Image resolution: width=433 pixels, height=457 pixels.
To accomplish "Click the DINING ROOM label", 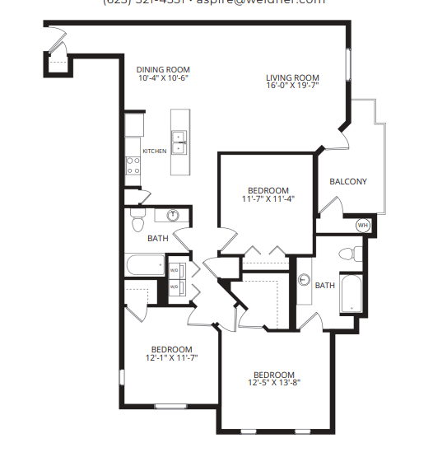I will coord(164,70).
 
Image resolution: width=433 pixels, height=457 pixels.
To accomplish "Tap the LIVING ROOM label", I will coord(292,77).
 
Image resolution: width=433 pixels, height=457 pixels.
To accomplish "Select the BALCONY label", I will coord(347,182).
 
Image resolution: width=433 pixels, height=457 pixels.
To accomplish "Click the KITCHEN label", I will coord(155,152).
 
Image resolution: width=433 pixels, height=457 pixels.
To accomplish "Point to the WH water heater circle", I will coord(361,225).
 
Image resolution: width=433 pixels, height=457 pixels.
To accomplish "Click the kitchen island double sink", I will coord(179,142).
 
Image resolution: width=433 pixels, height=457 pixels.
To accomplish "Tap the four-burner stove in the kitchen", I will coord(132,166).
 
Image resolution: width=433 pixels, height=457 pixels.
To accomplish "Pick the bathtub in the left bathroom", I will coord(147,266).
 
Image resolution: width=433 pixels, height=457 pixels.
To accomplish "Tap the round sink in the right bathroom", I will coord(303,281).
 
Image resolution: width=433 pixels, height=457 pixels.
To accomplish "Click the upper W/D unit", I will coord(175,269).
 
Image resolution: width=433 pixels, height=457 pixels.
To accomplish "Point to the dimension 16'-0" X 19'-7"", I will coord(292,86).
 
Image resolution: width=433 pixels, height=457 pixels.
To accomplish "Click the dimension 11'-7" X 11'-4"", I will coord(268,198).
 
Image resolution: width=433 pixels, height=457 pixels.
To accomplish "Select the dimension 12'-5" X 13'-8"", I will coord(274,382).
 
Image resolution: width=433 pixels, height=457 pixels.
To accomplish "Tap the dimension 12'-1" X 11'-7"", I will coord(172,357).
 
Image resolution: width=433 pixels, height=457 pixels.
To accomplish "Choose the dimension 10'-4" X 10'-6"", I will coord(164,78).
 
